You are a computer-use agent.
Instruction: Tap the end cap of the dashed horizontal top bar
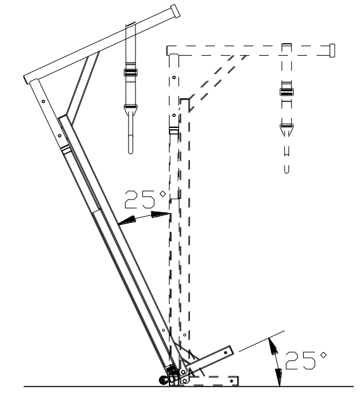click(332, 49)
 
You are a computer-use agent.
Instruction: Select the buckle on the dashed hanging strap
click(287, 92)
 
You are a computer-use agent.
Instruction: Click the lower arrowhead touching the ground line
click(277, 380)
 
